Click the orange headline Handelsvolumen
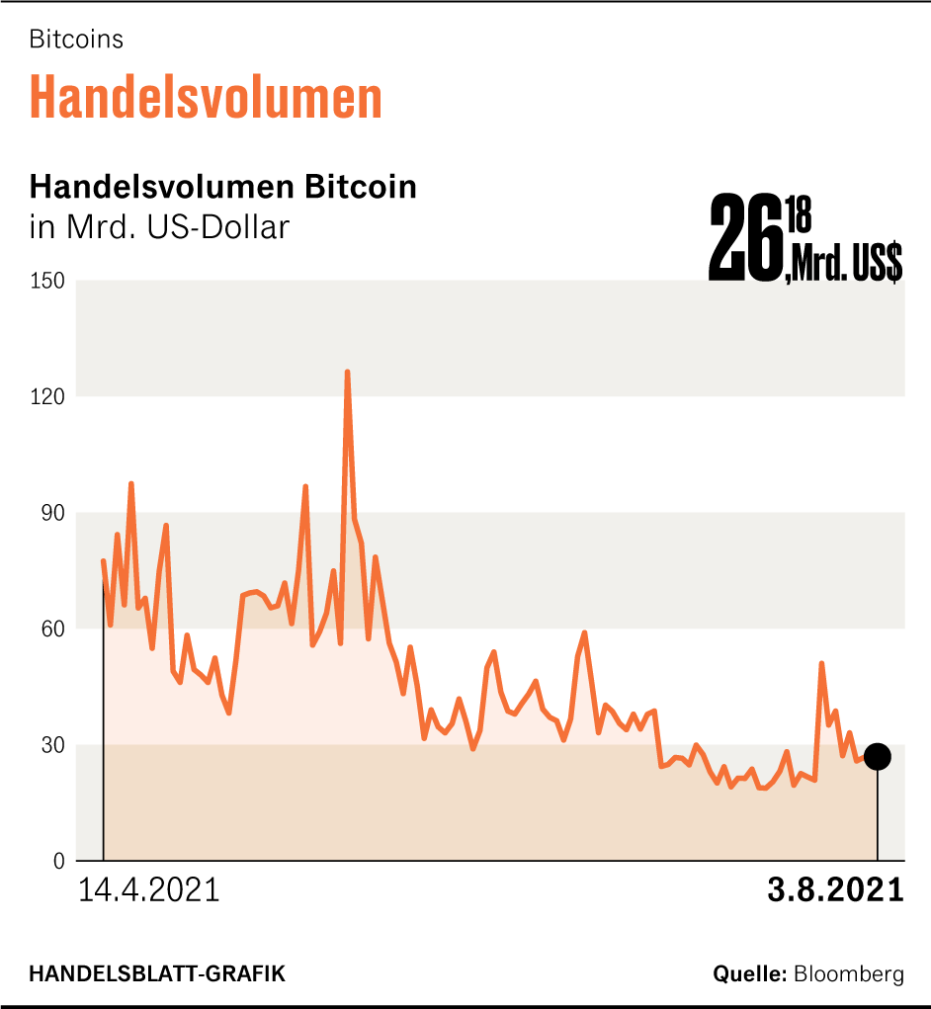206,97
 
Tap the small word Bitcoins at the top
76,40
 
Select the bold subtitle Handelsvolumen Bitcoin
223,187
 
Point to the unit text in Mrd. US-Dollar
159,226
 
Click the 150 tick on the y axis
46,281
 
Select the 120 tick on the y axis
46,396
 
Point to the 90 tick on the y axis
50,513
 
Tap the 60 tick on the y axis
50,629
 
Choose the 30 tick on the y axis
50,745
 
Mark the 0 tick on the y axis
57,861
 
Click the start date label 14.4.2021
148,889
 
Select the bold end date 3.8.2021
835,889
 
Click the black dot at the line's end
877,757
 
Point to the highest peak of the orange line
347,373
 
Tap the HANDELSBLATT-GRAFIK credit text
157,974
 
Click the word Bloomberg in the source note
848,974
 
